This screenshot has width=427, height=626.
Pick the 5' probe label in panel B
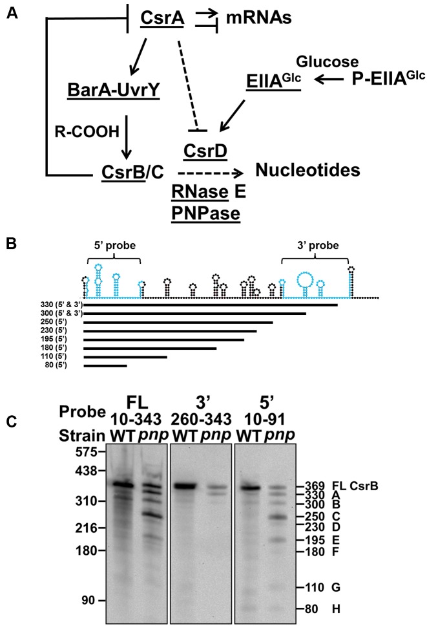click(x=114, y=250)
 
